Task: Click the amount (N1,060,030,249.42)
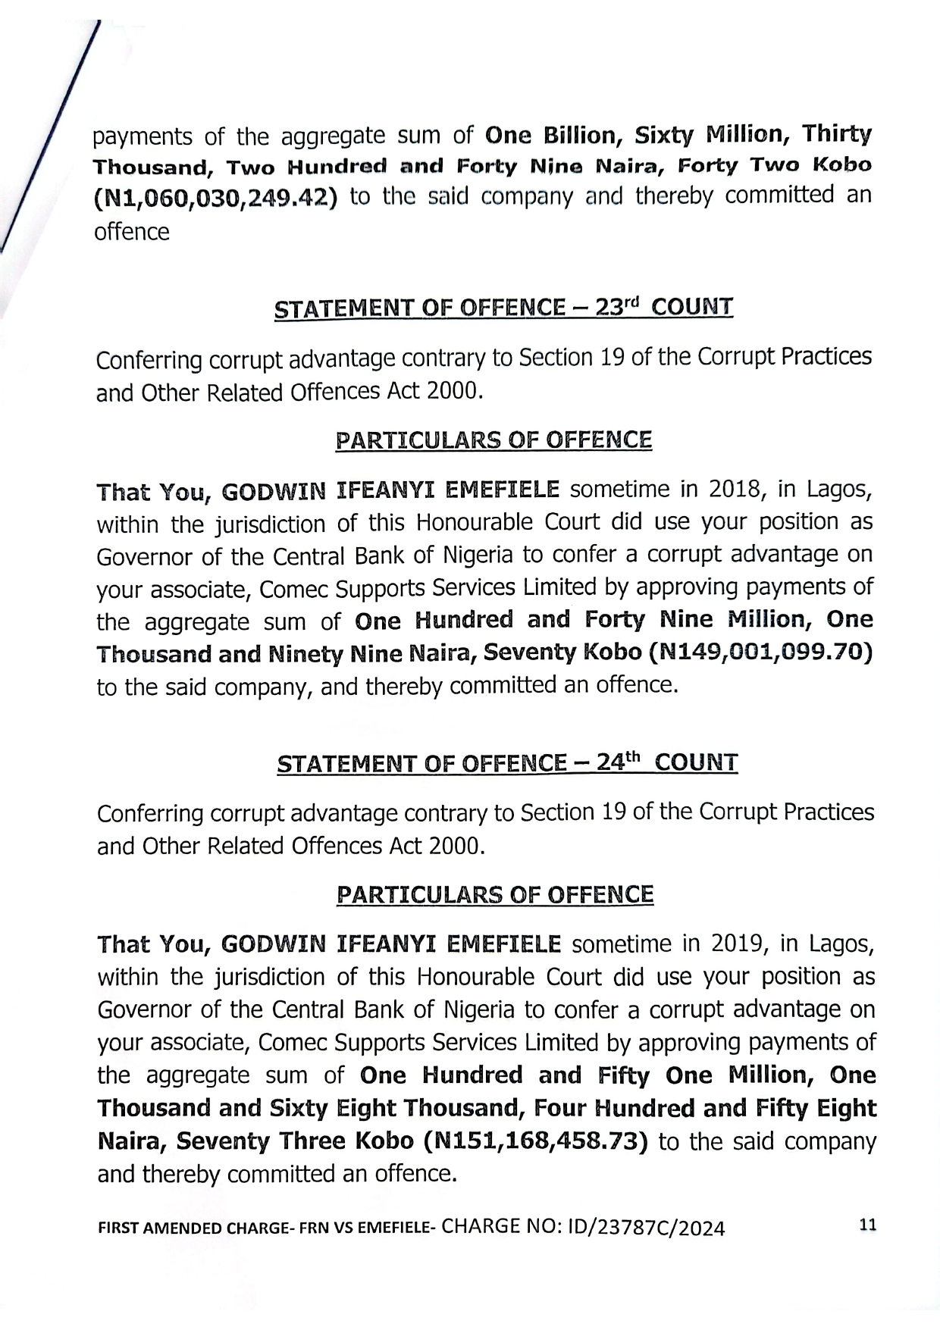click(x=215, y=198)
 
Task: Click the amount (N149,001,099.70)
click(x=762, y=652)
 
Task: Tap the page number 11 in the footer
click(x=868, y=1225)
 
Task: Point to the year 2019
click(x=735, y=944)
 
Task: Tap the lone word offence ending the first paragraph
click(x=131, y=232)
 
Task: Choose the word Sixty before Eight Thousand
click(x=301, y=1109)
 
